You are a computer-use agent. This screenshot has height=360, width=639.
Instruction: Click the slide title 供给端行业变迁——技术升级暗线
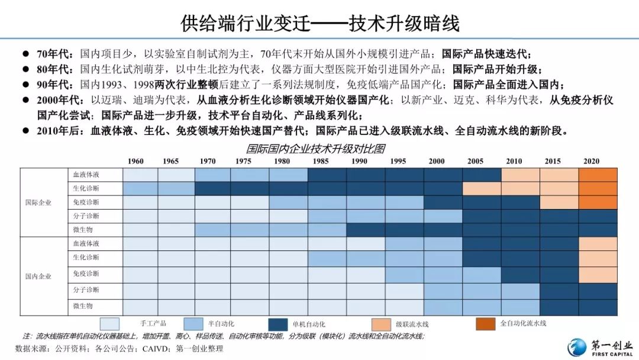coord(319,23)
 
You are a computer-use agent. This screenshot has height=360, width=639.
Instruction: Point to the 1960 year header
coord(135,161)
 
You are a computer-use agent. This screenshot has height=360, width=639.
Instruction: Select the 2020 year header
coord(591,161)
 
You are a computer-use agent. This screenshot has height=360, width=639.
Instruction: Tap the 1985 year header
coord(322,161)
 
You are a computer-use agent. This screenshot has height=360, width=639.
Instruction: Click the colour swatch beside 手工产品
coord(109,324)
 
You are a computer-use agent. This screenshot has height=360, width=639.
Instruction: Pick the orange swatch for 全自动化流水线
coord(486,324)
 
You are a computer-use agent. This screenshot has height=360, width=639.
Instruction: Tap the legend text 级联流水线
coord(412,324)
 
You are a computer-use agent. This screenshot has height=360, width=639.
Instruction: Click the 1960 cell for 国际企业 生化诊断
coord(140,188)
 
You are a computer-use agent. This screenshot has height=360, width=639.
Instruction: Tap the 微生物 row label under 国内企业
coord(83,306)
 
